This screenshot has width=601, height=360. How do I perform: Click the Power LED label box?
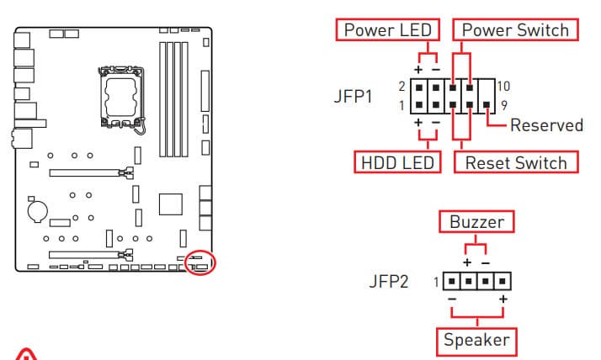tap(388, 30)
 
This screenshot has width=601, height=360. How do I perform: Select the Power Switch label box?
tap(516, 30)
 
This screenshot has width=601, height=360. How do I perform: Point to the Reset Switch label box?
tap(516, 162)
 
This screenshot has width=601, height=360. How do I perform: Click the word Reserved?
tap(546, 125)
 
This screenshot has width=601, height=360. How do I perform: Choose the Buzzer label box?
tap(476, 222)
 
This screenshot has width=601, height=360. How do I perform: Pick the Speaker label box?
tap(476, 340)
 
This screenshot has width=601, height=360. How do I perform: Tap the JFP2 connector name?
tap(389, 281)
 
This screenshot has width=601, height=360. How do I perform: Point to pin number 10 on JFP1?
tap(504, 85)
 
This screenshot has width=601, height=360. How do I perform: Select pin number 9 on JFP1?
tap(503, 106)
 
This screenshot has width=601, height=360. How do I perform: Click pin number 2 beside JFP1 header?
tap(402, 86)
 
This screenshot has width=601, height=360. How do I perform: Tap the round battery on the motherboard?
tap(38, 209)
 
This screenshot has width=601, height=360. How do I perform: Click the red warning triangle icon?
tap(27, 356)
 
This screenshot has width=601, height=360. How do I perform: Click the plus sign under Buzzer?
tap(466, 262)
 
